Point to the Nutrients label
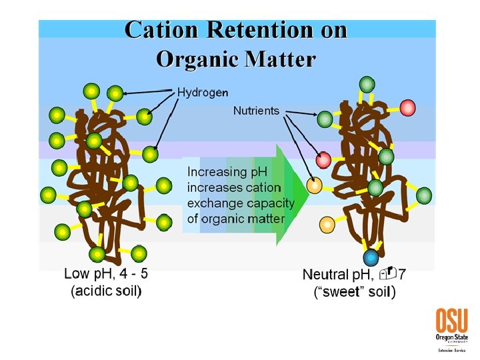(x=256, y=111)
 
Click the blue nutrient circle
(x=371, y=257)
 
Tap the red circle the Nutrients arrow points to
(x=323, y=160)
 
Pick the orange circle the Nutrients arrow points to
(x=314, y=184)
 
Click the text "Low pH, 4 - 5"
(x=106, y=273)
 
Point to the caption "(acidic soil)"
(x=106, y=291)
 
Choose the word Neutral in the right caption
(x=325, y=274)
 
